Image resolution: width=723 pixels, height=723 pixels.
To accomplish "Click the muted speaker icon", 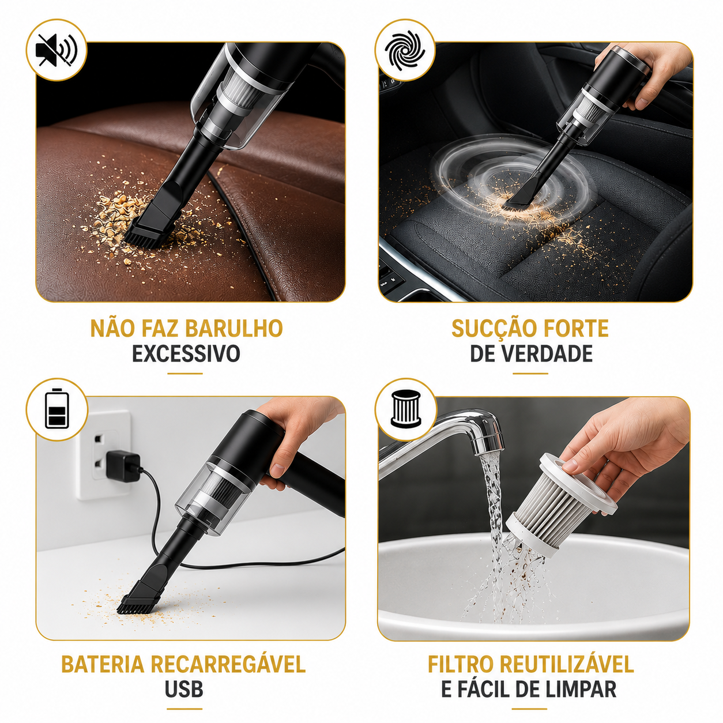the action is [57, 50].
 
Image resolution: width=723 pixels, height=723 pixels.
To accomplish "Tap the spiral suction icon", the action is [405, 50].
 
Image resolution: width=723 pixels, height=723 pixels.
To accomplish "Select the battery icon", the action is [57, 409].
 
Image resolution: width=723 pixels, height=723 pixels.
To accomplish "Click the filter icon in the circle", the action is [405, 409].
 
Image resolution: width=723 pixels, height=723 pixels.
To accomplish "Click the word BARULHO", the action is [234, 328].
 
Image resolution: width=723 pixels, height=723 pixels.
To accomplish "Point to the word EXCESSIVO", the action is [186, 353].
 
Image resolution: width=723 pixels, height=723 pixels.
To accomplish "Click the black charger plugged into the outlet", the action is [123, 466].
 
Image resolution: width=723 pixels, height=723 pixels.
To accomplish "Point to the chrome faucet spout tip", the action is [489, 443].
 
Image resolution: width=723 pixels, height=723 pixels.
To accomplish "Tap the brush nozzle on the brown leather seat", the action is [150, 229].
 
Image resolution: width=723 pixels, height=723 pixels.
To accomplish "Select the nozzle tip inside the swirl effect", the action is [517, 199].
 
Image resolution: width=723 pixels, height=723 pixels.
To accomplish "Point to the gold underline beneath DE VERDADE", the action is [530, 373].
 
